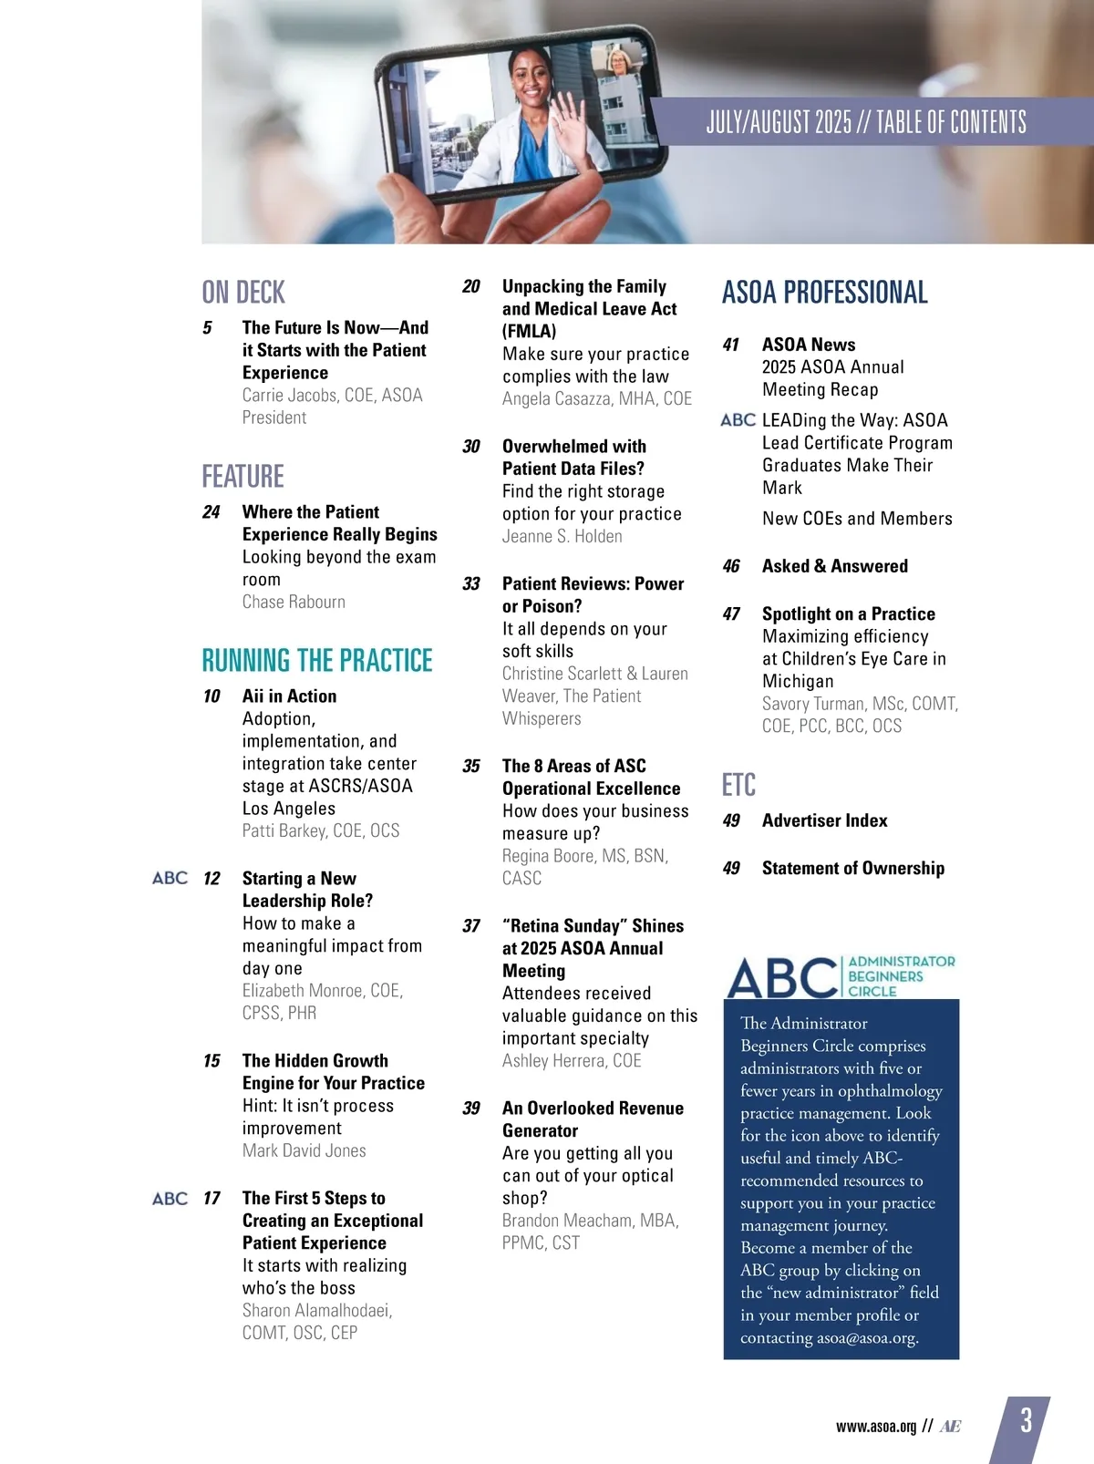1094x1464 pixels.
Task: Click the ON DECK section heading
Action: click(x=243, y=293)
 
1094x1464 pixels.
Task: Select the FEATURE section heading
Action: click(x=243, y=477)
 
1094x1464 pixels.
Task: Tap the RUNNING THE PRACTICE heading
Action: click(x=317, y=660)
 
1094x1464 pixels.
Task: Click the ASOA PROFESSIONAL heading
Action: click(x=824, y=293)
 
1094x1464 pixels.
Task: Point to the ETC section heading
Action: click(x=738, y=785)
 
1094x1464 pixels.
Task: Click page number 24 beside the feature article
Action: click(x=212, y=512)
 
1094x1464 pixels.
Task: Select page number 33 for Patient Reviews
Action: click(x=471, y=584)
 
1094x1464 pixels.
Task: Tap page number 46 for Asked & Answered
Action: click(x=731, y=566)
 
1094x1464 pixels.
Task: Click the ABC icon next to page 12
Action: click(x=170, y=878)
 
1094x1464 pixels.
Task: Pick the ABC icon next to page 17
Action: click(x=170, y=1198)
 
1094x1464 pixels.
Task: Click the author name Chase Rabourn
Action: click(x=294, y=602)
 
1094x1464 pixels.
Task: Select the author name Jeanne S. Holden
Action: click(x=562, y=536)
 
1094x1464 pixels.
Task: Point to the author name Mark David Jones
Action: click(x=304, y=1150)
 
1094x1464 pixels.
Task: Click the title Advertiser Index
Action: click(x=824, y=820)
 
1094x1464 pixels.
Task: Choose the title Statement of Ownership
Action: click(x=852, y=868)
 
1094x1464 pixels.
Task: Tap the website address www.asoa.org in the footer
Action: click(x=875, y=1427)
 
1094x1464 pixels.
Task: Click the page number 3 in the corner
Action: click(x=1027, y=1420)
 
